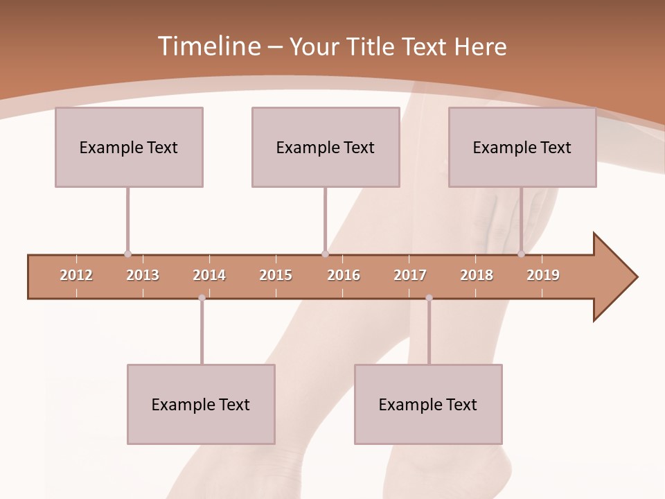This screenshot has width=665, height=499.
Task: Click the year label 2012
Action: (x=76, y=275)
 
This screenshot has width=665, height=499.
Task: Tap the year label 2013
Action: (x=143, y=275)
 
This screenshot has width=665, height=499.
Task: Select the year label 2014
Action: (x=209, y=275)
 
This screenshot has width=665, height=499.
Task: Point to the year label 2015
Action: (x=276, y=275)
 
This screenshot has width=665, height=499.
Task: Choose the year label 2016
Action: (x=344, y=275)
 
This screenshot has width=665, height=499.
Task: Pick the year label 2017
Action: (x=410, y=275)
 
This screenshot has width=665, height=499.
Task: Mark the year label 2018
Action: (x=477, y=275)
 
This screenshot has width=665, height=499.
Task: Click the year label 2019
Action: (x=543, y=275)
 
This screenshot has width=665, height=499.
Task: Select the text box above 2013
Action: (x=129, y=147)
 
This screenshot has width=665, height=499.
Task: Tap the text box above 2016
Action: (x=326, y=147)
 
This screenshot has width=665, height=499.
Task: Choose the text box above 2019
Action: (x=522, y=147)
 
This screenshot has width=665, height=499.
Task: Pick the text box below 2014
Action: (x=201, y=404)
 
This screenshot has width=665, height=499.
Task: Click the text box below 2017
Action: (x=428, y=404)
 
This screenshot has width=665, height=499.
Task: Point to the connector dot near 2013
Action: (x=127, y=254)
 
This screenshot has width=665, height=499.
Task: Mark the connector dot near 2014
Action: (x=202, y=298)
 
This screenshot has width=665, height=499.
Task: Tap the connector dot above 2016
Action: (x=325, y=254)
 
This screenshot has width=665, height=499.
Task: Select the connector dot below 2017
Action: (x=429, y=298)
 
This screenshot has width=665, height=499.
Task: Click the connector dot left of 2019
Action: (x=521, y=254)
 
